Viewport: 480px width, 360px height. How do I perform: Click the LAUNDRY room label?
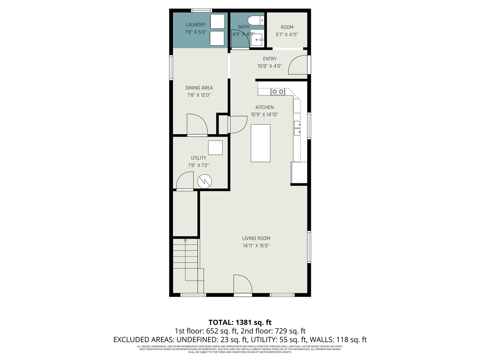coord(195,25)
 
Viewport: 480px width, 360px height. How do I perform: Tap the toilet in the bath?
coord(257,20)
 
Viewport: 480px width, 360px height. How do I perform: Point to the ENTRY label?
coord(270,59)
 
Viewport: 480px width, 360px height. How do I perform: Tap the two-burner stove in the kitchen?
coord(278,91)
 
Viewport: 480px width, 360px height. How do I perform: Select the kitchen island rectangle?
coord(260,143)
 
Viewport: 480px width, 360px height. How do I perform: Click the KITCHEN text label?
coord(264,107)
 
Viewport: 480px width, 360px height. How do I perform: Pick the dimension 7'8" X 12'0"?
coord(199,95)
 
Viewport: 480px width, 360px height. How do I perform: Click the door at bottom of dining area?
coord(197,124)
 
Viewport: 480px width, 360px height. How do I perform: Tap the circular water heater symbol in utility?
coord(205,181)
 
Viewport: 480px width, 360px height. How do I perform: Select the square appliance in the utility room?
coord(215,148)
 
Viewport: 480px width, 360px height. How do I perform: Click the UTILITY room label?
coord(198,158)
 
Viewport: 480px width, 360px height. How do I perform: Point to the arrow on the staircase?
coord(185,240)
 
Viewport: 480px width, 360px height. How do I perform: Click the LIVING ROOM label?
coord(256,238)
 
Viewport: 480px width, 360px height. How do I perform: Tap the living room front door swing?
coord(243,284)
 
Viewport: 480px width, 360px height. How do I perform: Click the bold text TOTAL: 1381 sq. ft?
coord(240,322)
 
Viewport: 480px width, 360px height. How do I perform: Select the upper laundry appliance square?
coord(217,21)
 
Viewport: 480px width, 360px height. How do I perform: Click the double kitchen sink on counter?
coord(297,127)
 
